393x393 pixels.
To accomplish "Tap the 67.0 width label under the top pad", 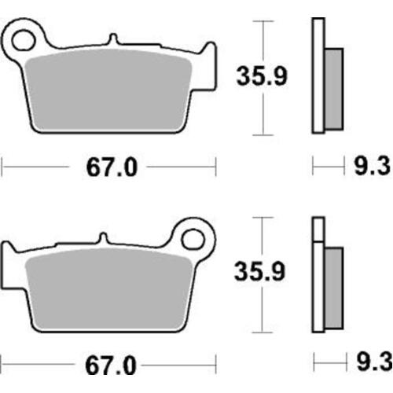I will point(108,167).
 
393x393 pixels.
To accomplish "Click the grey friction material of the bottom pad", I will point(106,287).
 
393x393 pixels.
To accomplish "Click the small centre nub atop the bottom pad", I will point(105,238).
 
